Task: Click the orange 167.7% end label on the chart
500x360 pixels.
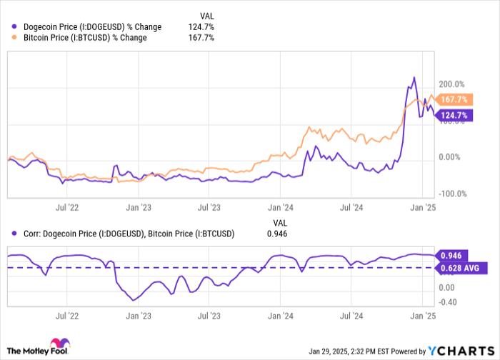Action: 454,100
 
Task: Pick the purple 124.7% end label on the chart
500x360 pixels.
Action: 454,115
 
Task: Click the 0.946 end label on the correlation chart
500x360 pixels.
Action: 451,255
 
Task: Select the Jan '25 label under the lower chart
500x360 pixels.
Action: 426,314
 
